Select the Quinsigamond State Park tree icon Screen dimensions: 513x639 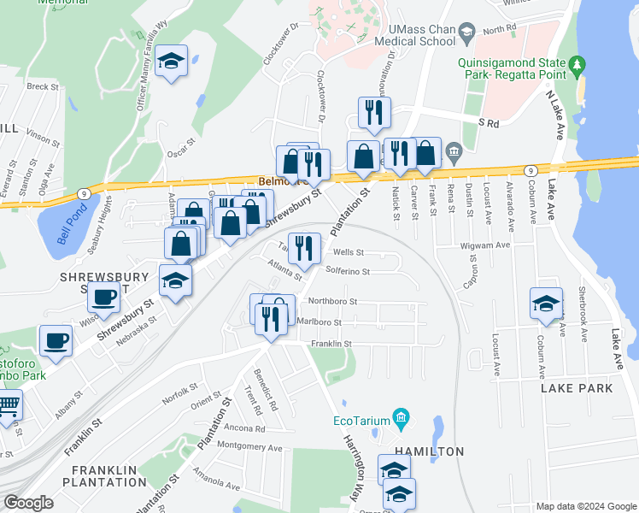tap(578, 64)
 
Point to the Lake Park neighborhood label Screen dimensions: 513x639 tap(577, 388)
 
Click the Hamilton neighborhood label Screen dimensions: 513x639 tap(427, 451)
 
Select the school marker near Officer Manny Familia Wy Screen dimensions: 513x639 tap(172, 61)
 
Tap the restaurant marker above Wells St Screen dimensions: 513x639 tap(305, 248)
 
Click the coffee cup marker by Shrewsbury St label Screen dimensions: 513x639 tap(104, 297)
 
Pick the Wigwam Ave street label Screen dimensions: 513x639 tap(489, 245)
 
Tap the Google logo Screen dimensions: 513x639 tap(28, 503)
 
